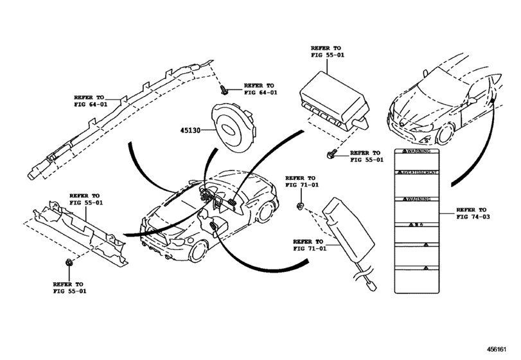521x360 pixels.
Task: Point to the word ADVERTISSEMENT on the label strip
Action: pos(416,174)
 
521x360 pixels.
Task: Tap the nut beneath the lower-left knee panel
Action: pos(69,263)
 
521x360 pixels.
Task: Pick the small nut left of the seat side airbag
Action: pos(301,206)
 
